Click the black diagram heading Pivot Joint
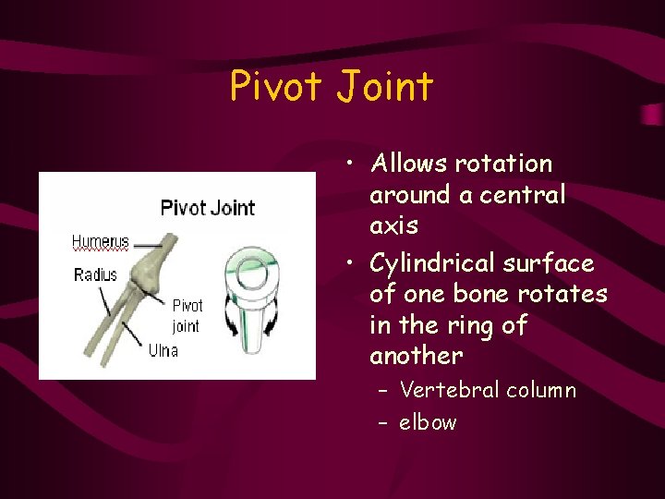pyautogui.click(x=207, y=207)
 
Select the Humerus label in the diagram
pyautogui.click(x=101, y=242)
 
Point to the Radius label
pyautogui.click(x=95, y=274)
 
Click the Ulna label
pyautogui.click(x=163, y=350)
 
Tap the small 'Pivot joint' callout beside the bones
pyautogui.click(x=187, y=315)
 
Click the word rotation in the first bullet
pyautogui.click(x=504, y=164)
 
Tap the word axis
pyautogui.click(x=393, y=226)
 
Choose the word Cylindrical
pyautogui.click(x=432, y=264)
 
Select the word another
pyautogui.click(x=416, y=357)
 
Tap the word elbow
pyautogui.click(x=428, y=423)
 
